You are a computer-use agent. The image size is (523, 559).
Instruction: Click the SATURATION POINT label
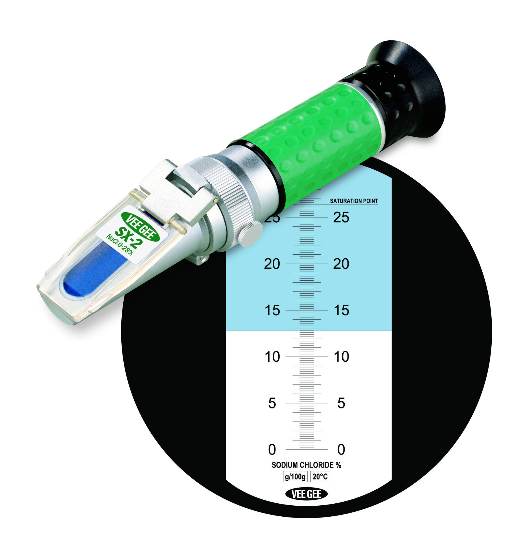[354, 201]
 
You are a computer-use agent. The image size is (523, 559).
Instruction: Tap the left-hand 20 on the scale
[272, 264]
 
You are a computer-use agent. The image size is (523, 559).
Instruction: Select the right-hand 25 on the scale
[341, 217]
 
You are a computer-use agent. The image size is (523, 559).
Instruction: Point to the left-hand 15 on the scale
[272, 310]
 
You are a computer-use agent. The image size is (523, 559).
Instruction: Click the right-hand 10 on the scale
[342, 357]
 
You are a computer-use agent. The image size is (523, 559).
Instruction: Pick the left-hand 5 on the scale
[272, 403]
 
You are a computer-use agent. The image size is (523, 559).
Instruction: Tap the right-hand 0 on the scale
[341, 449]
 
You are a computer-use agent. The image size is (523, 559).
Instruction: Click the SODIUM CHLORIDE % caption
[306, 465]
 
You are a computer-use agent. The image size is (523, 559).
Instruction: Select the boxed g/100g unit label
[295, 477]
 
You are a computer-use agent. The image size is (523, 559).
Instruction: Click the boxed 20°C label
[320, 477]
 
